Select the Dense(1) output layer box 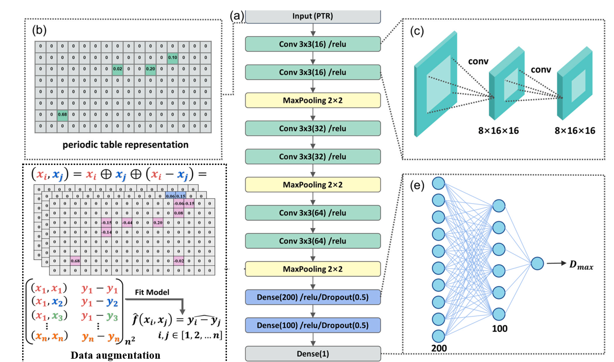313,353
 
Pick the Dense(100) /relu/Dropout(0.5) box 313,325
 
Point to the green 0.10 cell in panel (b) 172,58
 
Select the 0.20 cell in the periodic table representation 151,69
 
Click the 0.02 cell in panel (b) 118,69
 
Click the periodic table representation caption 125,145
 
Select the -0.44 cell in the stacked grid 127,222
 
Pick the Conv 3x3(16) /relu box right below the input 313,44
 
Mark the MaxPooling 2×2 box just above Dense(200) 313,269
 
